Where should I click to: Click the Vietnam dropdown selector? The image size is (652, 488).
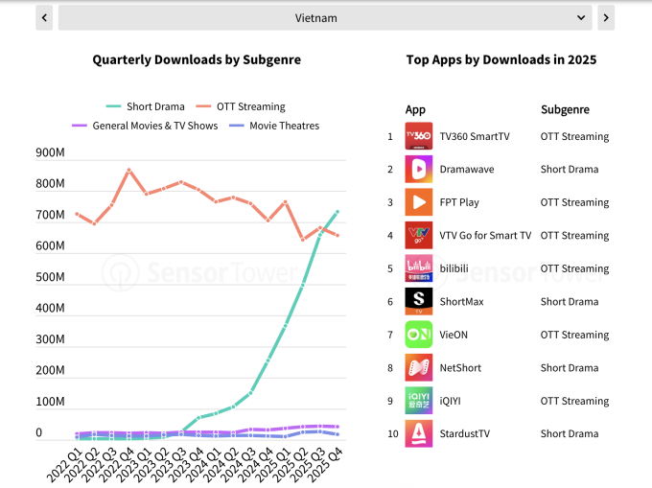[325, 17]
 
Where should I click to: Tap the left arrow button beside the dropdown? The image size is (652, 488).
[44, 17]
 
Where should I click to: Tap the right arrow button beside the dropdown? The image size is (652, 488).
[606, 17]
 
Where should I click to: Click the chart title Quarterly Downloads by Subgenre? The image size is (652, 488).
[197, 59]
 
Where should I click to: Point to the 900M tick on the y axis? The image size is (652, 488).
[50, 152]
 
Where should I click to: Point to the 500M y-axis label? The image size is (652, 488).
[50, 277]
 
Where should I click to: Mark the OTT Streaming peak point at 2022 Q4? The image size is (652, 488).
[129, 171]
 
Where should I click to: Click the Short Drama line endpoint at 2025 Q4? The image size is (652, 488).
[338, 212]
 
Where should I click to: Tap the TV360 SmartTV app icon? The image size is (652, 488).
[419, 136]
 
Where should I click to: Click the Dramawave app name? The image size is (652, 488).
[465, 170]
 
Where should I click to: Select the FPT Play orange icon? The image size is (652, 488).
[419, 202]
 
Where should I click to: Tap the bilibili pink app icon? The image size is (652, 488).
[419, 268]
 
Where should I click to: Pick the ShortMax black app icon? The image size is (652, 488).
[419, 301]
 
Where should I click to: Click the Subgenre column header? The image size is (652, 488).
[565, 109]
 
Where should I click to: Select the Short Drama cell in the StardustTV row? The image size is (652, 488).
[570, 433]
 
